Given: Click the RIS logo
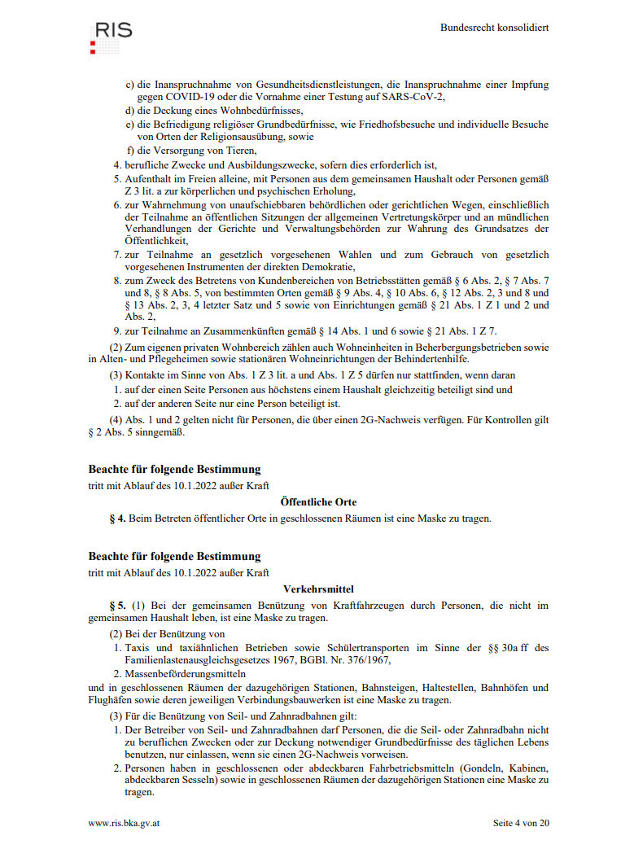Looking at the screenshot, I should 110,37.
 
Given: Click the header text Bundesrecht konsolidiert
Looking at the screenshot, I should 494,28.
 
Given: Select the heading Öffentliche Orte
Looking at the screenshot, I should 318,502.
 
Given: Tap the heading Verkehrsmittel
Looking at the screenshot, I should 318,589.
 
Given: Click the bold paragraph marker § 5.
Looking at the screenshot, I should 117,605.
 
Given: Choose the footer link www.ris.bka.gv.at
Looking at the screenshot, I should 124,822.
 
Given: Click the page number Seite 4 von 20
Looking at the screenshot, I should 521,822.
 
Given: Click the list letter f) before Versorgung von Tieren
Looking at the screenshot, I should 130,151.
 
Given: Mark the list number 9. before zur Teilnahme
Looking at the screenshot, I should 117,331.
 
